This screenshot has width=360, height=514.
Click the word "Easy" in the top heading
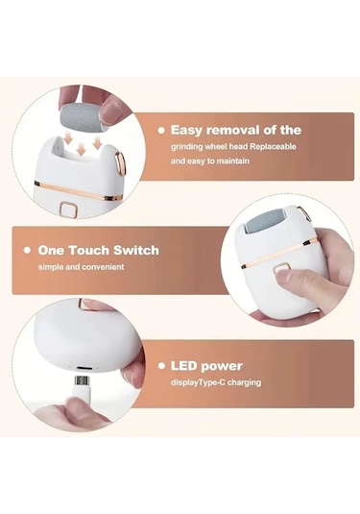[185, 131]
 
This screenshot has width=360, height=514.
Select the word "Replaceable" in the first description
[273, 147]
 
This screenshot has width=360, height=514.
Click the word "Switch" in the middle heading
[136, 251]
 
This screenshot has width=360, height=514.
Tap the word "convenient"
[103, 267]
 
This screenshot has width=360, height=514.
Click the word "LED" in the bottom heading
[183, 366]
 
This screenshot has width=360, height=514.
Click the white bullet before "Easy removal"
[161, 131]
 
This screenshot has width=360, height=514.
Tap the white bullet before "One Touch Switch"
[27, 251]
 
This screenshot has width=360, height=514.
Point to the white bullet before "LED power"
[161, 366]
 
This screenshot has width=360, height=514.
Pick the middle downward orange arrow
[81, 150]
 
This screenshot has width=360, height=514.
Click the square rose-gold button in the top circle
[68, 209]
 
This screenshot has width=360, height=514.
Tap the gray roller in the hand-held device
[265, 223]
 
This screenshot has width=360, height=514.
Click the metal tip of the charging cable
[82, 380]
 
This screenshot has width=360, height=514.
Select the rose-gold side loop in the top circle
[120, 163]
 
